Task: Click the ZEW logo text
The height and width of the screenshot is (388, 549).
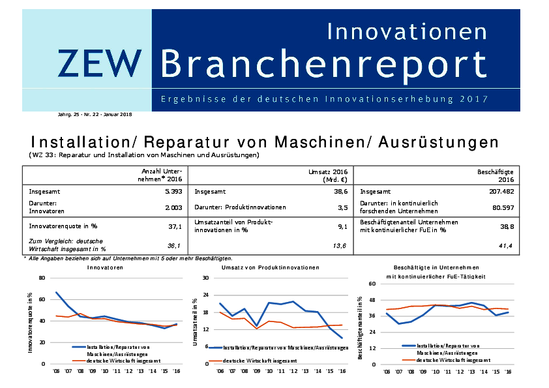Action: click(99, 63)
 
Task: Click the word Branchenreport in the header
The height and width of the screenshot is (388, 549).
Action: click(323, 64)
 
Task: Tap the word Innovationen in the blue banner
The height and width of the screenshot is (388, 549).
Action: click(406, 31)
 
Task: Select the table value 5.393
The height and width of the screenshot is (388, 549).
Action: click(173, 192)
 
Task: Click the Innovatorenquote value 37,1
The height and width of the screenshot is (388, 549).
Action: click(175, 226)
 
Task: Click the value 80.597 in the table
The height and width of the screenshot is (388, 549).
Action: click(502, 207)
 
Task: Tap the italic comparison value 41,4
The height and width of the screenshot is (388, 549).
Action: click(507, 245)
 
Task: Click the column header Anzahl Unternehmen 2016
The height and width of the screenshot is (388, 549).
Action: click(162, 174)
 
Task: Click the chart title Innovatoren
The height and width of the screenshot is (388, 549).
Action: click(106, 267)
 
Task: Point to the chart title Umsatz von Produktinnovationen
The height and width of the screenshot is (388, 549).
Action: click(270, 267)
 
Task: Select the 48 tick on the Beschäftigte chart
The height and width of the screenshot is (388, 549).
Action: click(372, 300)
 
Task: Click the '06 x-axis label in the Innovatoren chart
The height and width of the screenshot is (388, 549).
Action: click(56, 370)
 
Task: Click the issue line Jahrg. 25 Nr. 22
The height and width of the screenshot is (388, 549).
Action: click(95, 114)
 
